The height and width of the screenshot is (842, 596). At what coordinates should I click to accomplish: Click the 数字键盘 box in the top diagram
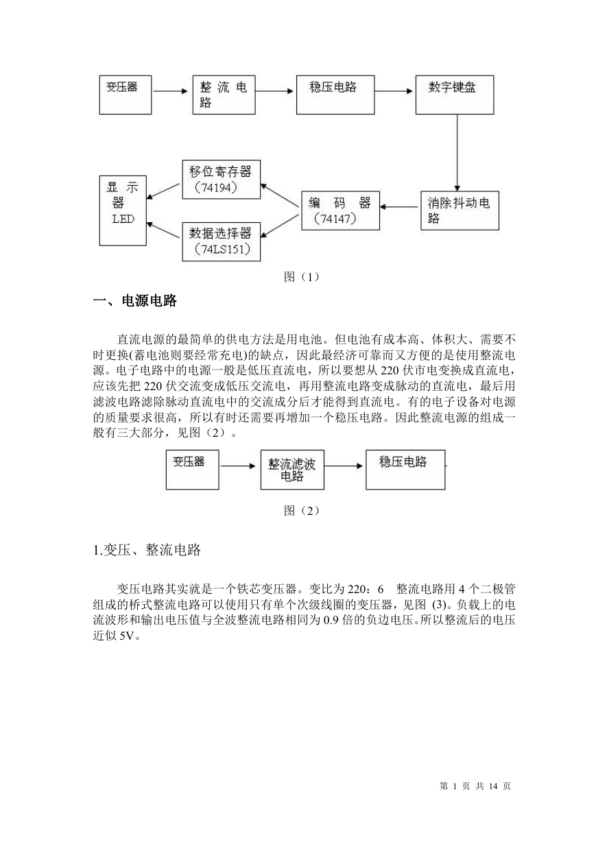point(454,95)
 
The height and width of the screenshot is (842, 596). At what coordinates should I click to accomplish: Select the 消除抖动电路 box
point(460,210)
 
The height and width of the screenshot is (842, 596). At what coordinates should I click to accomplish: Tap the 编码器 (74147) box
point(340,210)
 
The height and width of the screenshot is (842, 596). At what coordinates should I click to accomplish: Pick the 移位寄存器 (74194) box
point(221,179)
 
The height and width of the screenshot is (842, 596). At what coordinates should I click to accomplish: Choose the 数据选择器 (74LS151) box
point(221,242)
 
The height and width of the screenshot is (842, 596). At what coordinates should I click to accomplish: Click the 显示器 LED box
point(123,210)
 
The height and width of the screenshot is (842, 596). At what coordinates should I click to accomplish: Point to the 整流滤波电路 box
point(292,470)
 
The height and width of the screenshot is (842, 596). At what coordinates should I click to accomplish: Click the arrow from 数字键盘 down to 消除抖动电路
point(457,153)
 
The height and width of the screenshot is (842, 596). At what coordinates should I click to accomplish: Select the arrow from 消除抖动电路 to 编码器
point(399,207)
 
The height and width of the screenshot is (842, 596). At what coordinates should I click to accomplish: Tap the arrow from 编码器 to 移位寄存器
point(280,195)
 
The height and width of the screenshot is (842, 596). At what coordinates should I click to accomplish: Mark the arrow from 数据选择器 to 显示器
point(163,230)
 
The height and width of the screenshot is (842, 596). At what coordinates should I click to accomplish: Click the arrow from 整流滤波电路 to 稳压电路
point(344,466)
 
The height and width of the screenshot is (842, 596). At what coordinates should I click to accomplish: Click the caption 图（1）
point(302,278)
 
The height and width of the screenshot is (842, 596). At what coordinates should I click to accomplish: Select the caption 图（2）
point(302,511)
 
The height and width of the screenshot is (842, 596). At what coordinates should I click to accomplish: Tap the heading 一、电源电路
point(134,301)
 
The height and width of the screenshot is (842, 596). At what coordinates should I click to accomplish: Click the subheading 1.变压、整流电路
point(147,550)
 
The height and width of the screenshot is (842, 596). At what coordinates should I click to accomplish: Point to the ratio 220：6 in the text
point(366,589)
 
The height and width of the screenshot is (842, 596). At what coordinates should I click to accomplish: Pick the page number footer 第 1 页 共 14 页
point(475,786)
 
